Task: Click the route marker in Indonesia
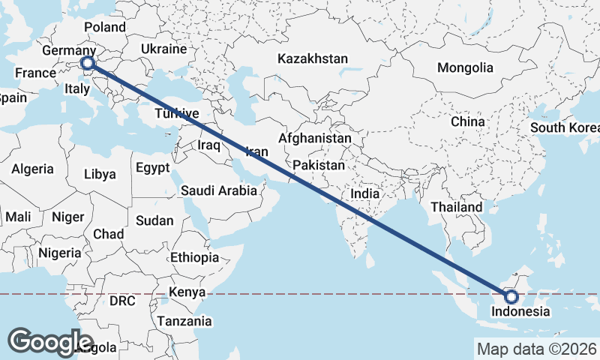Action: click(512, 297)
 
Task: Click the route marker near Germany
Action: click(88, 64)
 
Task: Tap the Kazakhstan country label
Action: click(312, 58)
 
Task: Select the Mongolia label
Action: click(465, 67)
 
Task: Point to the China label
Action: click(468, 121)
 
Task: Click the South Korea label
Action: click(564, 127)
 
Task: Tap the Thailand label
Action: click(457, 206)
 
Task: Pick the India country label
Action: click(365, 193)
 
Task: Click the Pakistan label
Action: click(319, 165)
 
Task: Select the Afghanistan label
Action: click(314, 139)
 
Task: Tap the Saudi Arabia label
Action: click(218, 190)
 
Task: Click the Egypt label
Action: click(153, 168)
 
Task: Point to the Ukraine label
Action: click(163, 49)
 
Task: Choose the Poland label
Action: click(105, 27)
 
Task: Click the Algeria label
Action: click(32, 169)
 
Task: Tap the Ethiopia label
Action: click(194, 257)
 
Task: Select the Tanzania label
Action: click(184, 321)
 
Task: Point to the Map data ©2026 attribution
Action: click(536, 349)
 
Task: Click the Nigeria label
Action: click(59, 253)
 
